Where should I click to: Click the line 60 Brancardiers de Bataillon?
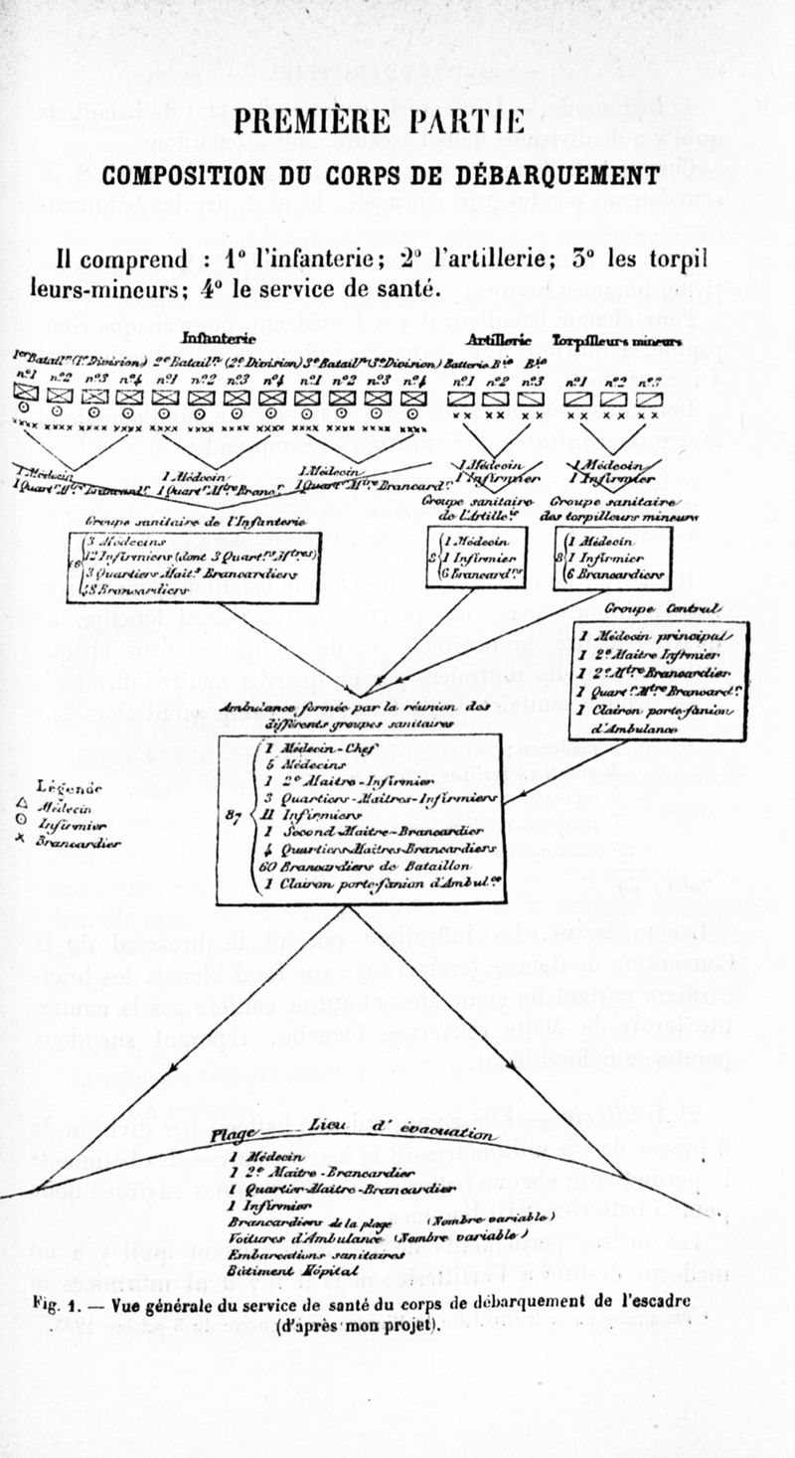(x=338, y=865)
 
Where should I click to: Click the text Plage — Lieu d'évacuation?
(x=354, y=1134)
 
